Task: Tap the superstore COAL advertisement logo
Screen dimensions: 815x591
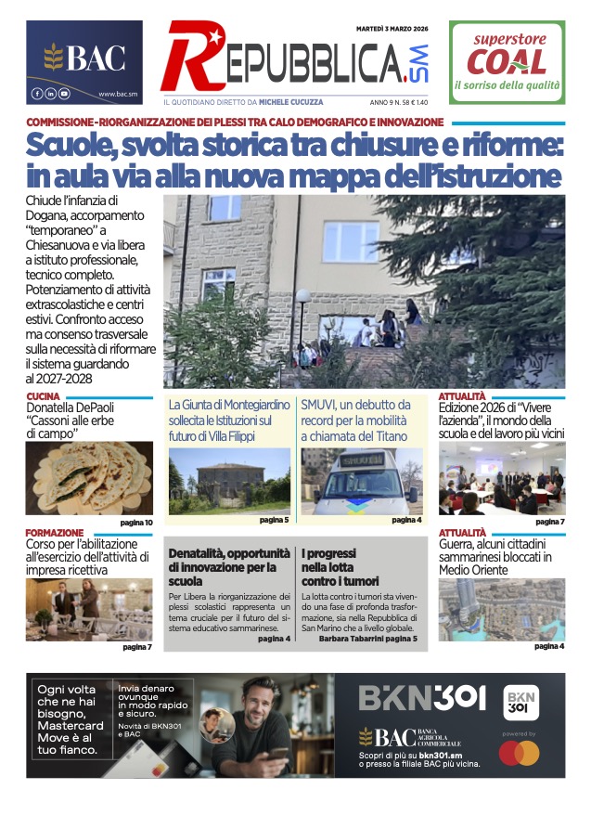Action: click(x=507, y=62)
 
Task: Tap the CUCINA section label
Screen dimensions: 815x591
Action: click(x=44, y=396)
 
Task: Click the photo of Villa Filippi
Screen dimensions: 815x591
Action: click(x=229, y=481)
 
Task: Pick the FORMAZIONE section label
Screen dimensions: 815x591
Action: click(x=55, y=532)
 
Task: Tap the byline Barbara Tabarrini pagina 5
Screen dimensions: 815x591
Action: click(x=367, y=639)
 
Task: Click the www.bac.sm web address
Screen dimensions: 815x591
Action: click(x=118, y=94)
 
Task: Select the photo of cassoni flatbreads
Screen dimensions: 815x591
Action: click(x=89, y=478)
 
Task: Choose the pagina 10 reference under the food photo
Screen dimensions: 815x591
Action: click(x=135, y=523)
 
